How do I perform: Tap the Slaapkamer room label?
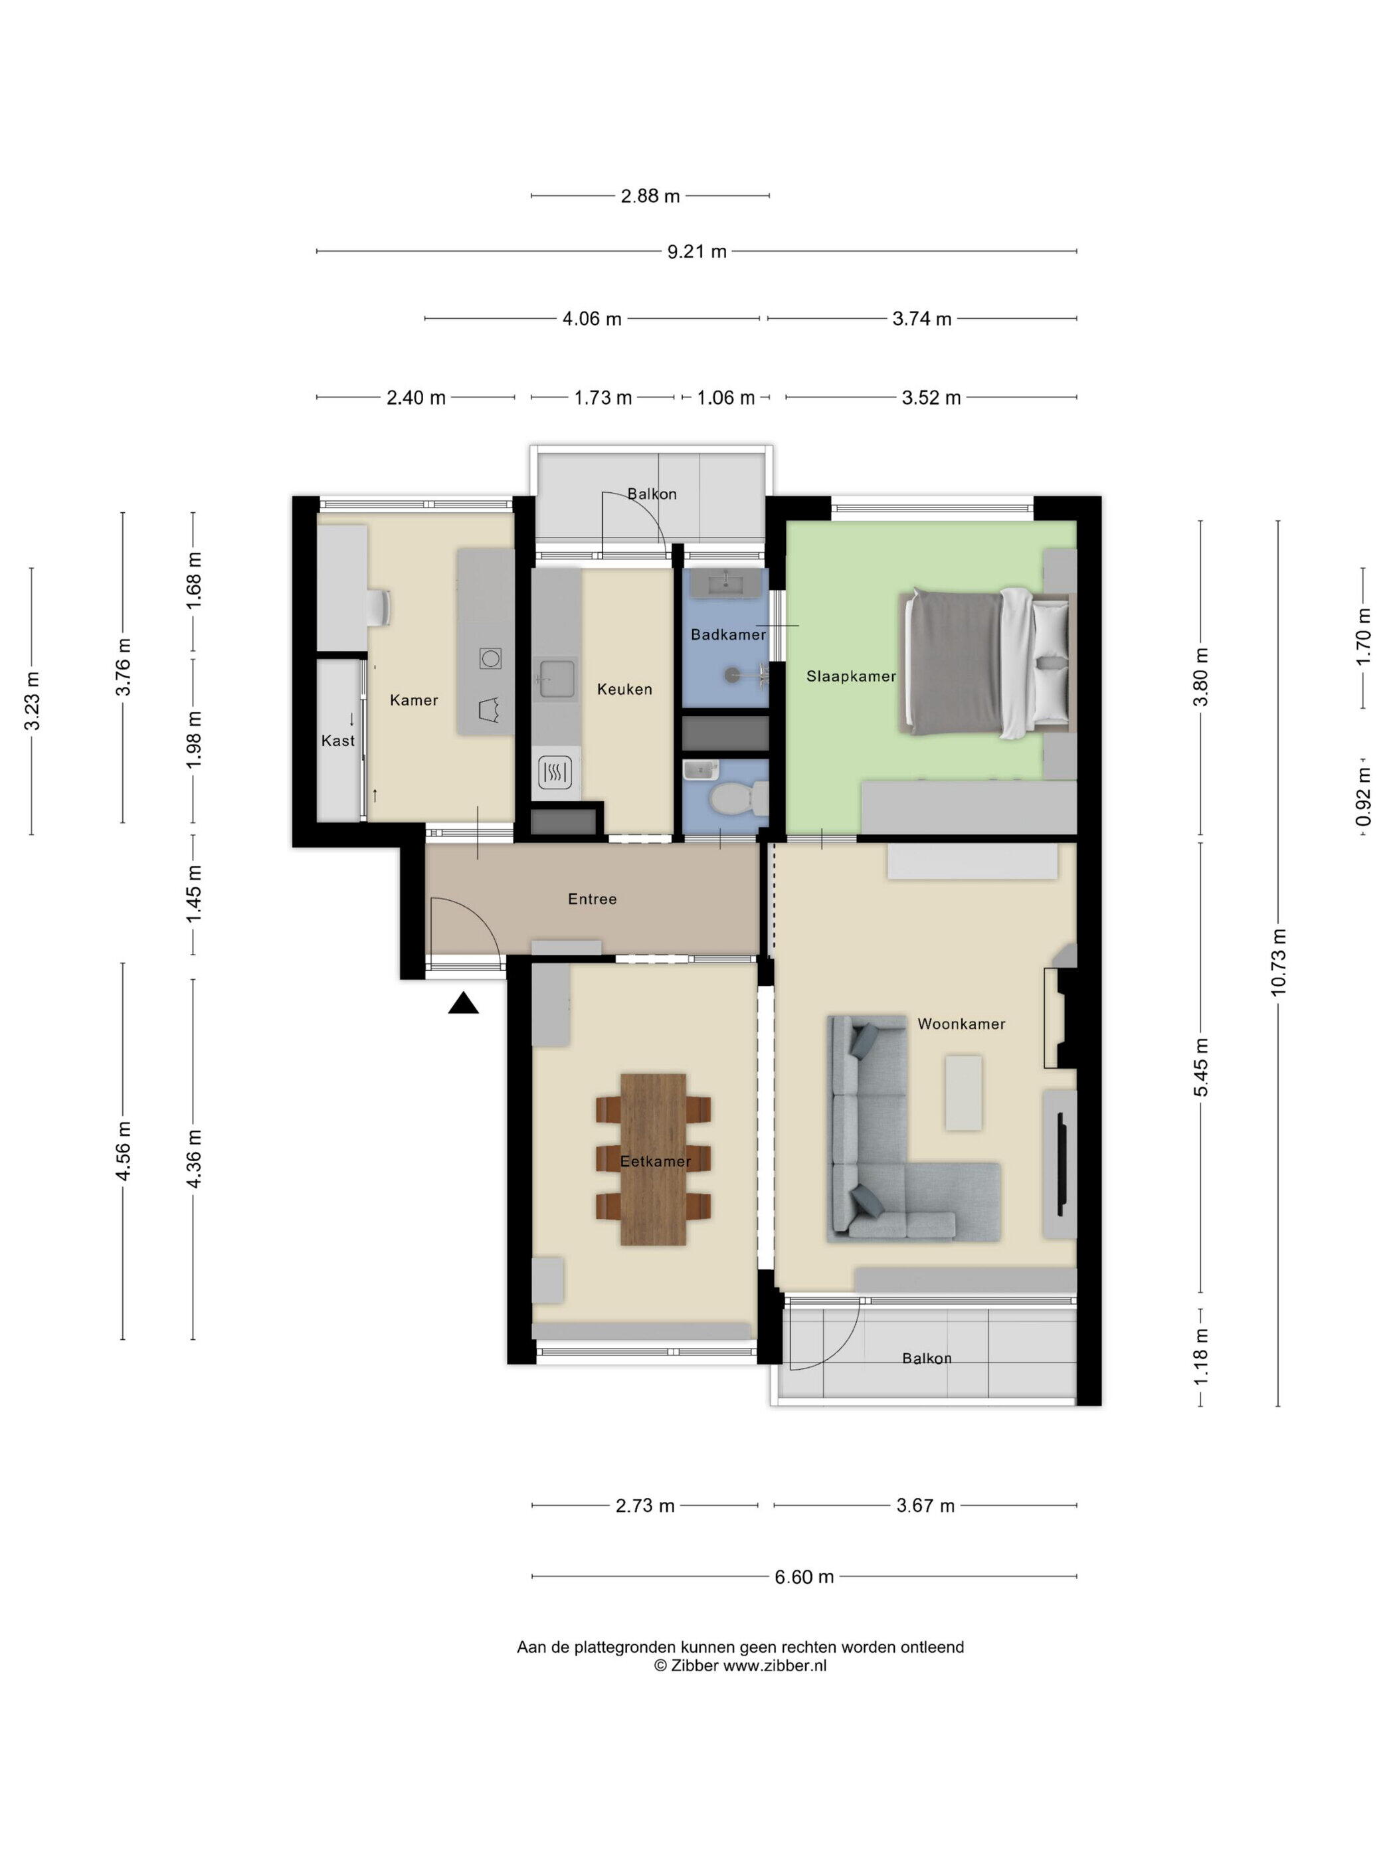(x=851, y=676)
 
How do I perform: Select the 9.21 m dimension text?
(x=697, y=251)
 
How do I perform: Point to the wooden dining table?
(x=654, y=1159)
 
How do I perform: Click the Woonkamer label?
(x=961, y=1024)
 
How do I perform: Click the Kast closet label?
(x=338, y=741)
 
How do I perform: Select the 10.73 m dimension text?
(x=1278, y=961)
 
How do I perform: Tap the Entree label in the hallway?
(x=592, y=899)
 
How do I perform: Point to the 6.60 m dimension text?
(x=804, y=1576)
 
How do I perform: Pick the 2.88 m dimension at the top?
(x=650, y=197)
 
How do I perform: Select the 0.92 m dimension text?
(x=1364, y=796)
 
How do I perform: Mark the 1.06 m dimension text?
(x=725, y=398)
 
